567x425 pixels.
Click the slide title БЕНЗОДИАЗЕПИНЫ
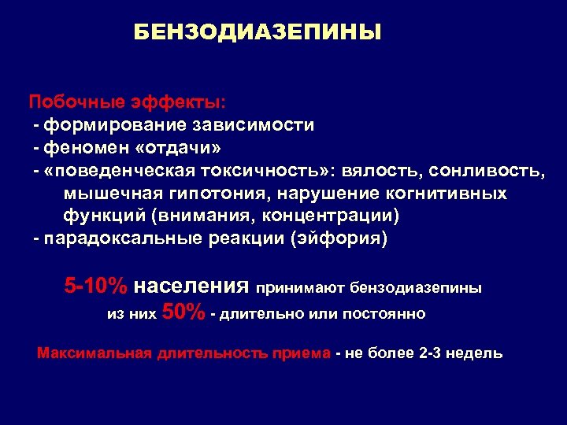click(x=257, y=32)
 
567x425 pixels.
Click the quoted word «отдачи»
click(x=172, y=148)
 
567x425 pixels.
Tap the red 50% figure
click(x=183, y=312)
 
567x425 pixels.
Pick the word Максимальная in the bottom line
click(x=94, y=353)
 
